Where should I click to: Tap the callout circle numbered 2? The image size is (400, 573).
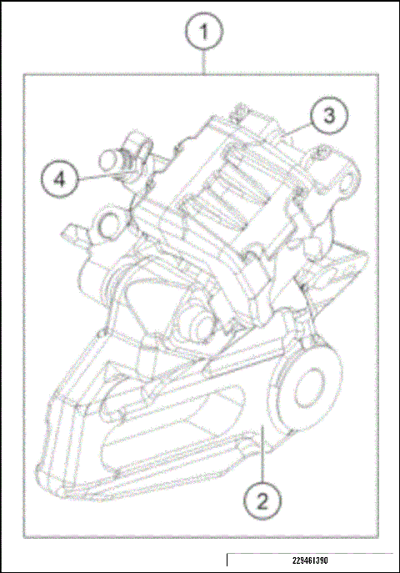[x=262, y=500]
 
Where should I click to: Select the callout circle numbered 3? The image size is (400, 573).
[x=329, y=116]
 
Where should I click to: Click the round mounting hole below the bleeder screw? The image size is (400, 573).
[x=109, y=224]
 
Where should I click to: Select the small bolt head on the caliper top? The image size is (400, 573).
[x=239, y=111]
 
